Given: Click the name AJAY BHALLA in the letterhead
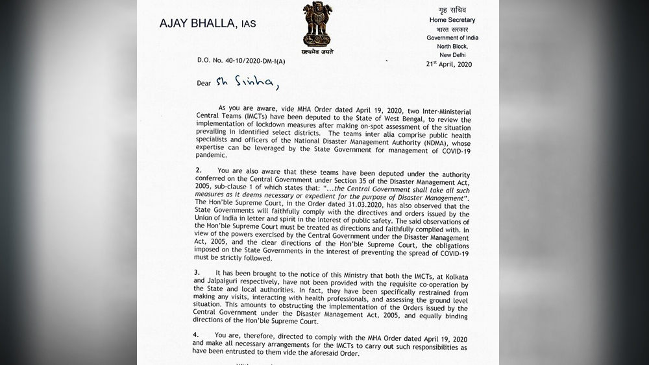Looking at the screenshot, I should [197, 23].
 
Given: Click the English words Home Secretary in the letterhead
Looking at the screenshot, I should [452, 20].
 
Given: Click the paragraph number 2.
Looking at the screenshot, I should [198, 170].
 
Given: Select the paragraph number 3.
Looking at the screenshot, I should [197, 272].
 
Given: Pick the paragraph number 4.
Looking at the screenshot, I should [197, 335].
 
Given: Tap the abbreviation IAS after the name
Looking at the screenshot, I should [249, 25].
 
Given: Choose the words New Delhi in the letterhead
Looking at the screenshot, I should [450, 55].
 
